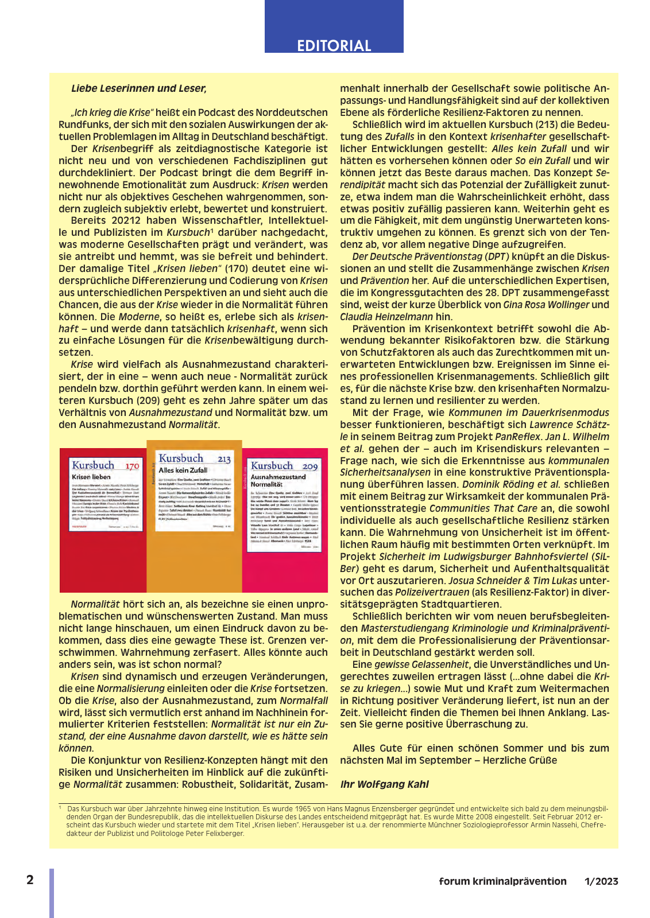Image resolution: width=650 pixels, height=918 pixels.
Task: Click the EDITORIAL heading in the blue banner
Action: pos(334,45)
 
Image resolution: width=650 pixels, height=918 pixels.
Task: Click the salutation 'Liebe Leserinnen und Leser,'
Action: pos(138,88)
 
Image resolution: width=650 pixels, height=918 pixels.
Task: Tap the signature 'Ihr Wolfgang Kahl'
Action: pos(384,784)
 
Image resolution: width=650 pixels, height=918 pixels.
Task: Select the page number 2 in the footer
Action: pos(30,880)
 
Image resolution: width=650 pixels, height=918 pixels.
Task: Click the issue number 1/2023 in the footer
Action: pos(601,881)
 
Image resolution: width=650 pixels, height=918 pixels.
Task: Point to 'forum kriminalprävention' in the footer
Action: pos(502,881)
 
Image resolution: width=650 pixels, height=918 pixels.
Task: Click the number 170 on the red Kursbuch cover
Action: pos(132,466)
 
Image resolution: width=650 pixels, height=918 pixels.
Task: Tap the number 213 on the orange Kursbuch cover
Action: pos(224,459)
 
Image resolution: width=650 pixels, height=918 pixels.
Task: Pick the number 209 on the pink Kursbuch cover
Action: pos(310,466)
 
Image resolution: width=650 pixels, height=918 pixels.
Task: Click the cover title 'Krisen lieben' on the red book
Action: pos(91,477)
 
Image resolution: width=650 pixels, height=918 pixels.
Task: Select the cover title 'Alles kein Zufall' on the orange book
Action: pos(183,470)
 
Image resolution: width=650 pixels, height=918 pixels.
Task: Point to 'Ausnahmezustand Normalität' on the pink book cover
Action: pos(278,480)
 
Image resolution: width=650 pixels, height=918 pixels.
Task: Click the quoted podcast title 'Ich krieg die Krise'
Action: pos(113,112)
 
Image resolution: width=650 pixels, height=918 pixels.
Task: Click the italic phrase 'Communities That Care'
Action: pos(483,508)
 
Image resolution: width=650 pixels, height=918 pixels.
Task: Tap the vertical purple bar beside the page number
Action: pos(52,893)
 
